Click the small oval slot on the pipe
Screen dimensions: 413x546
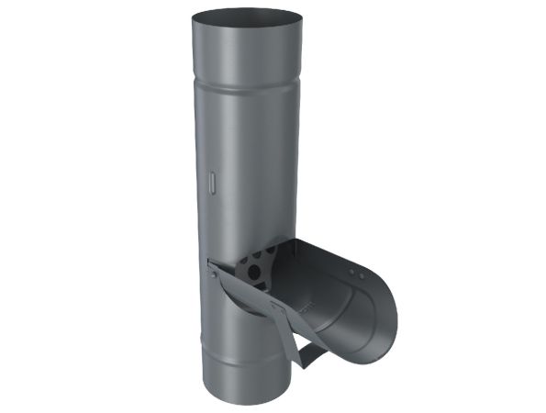click(x=211, y=182)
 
